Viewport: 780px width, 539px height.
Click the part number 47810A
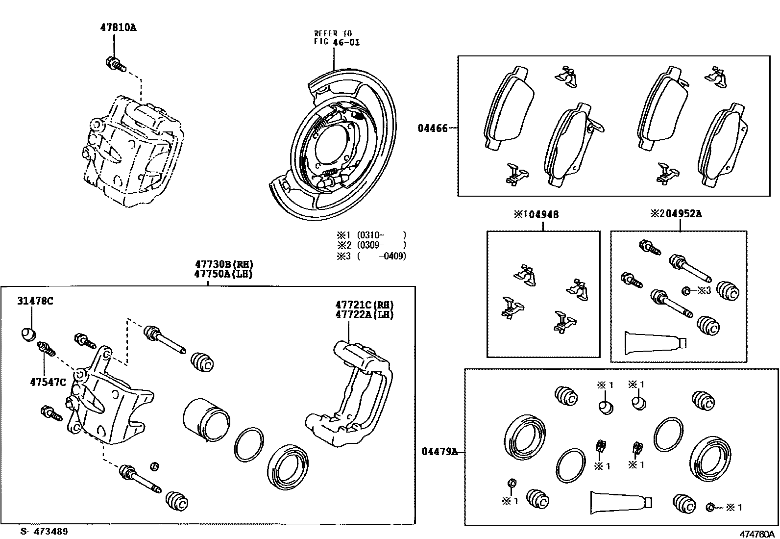coord(118,28)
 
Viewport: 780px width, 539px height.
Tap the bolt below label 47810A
coord(115,64)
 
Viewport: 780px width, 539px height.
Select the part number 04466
coord(433,128)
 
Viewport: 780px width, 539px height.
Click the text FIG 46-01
coord(337,42)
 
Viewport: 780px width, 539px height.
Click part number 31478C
coord(35,301)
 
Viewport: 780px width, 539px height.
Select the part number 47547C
coord(48,382)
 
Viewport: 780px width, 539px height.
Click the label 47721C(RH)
coord(365,305)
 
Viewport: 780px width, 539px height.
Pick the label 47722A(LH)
coord(365,314)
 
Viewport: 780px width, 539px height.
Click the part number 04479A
coord(439,452)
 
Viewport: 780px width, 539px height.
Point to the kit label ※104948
coord(536,214)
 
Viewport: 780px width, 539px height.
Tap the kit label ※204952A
coord(676,214)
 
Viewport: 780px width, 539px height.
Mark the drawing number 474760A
coord(758,534)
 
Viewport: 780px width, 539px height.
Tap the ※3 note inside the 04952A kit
coord(704,290)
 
